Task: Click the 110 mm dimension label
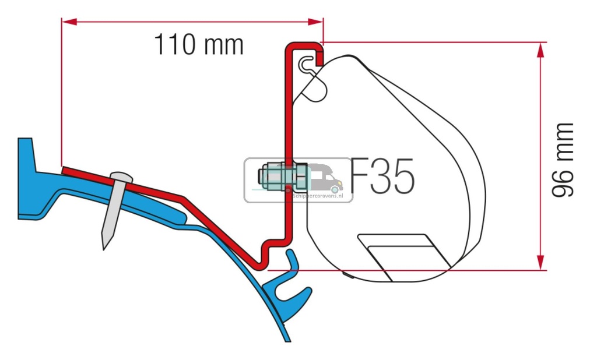pos(198,45)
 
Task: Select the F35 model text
pos(382,177)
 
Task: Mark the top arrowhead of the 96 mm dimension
pos(541,50)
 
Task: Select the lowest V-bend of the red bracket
pos(259,266)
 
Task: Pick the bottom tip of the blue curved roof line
pos(287,340)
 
